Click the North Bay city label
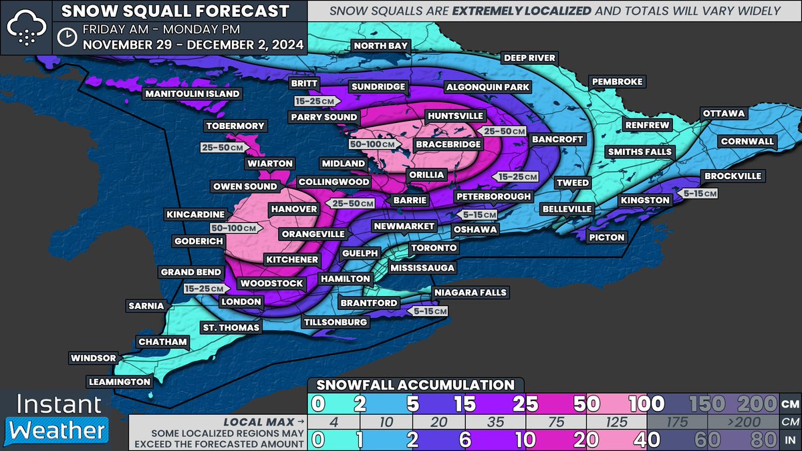[380, 45]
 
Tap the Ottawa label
[723, 114]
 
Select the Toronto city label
[434, 248]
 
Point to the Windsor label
[94, 358]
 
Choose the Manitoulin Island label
[192, 94]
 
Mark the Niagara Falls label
[470, 293]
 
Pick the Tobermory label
[235, 126]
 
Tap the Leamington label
[119, 382]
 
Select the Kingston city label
[644, 200]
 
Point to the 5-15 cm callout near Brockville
[700, 193]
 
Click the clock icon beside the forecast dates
[66, 37]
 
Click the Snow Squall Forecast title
[175, 11]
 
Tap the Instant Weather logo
[54, 418]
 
